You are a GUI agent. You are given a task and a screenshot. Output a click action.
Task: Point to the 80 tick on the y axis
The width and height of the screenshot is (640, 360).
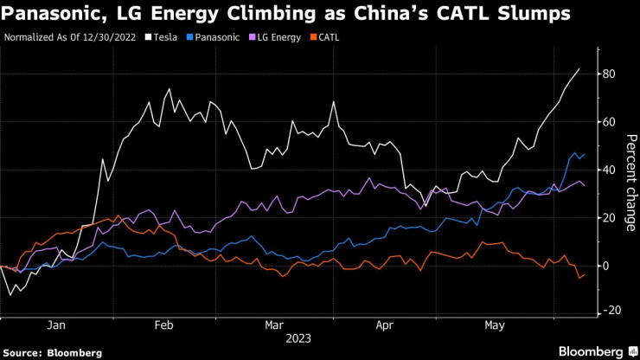[609, 74]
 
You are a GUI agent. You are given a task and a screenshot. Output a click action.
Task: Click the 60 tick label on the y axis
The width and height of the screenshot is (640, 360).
[609, 122]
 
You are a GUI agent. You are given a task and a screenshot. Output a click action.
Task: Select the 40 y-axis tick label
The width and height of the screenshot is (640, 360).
[609, 170]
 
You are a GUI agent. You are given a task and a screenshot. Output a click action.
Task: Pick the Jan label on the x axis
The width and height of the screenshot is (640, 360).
[56, 325]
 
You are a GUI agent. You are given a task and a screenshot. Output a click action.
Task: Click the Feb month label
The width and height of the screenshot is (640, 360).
[164, 325]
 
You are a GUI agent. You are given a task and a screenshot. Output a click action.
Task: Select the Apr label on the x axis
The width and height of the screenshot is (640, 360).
[384, 325]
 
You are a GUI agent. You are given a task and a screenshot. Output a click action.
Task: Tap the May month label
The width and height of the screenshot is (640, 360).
[494, 325]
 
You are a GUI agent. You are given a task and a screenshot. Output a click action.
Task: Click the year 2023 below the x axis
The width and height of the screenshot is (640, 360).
[298, 338]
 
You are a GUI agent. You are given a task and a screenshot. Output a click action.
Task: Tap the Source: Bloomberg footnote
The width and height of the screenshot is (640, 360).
[53, 353]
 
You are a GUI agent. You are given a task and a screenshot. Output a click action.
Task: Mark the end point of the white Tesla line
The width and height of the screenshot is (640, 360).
[579, 69]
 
